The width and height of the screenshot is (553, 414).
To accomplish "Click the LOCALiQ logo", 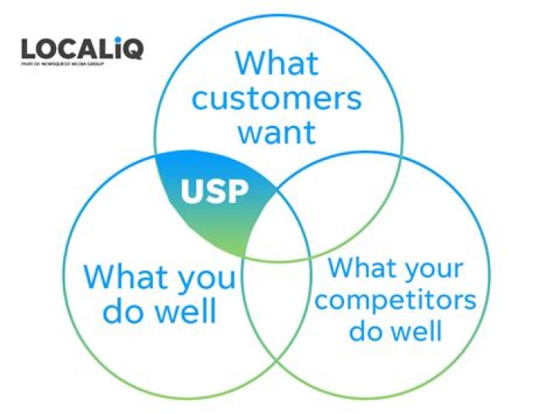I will (x=81, y=49).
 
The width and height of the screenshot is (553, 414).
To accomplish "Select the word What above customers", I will (x=277, y=62).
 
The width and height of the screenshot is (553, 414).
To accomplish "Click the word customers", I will (x=276, y=98).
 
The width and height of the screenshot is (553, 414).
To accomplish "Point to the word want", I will (x=276, y=132).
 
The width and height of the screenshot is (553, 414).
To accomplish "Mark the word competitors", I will (x=396, y=300).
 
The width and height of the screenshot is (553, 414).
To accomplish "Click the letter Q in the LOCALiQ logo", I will (x=131, y=49).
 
